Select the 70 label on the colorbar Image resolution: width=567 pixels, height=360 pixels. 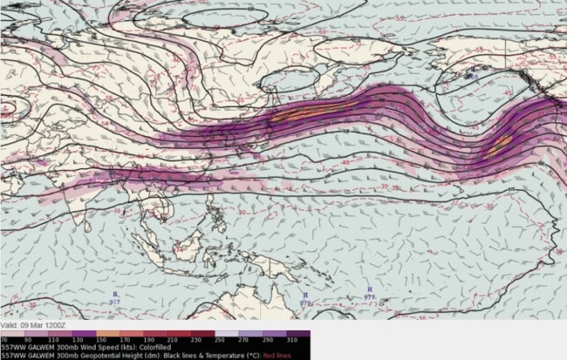click(x=4, y=337)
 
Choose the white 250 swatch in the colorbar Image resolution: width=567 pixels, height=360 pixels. click(x=243, y=330)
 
